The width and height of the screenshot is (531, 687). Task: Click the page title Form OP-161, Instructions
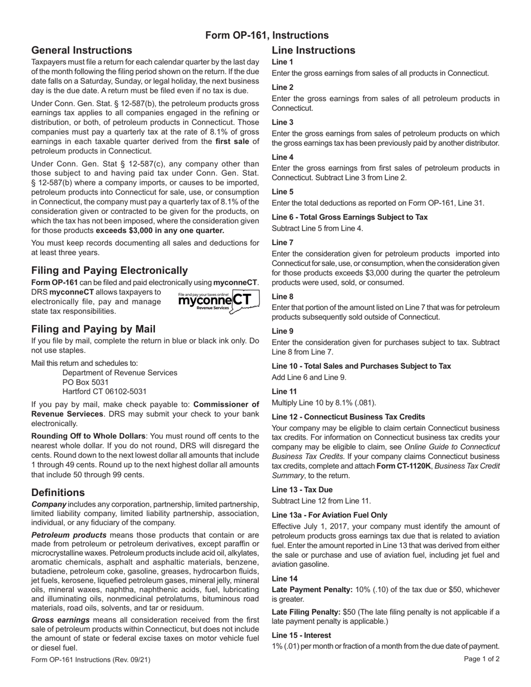267,35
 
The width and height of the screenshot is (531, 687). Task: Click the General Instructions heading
82,50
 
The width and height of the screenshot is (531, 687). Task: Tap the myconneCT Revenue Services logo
218,301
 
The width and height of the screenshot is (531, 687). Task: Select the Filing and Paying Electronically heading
110,270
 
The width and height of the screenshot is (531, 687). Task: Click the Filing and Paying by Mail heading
93,329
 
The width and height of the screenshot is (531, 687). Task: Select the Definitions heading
58,493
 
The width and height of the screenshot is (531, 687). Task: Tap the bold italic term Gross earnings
60,620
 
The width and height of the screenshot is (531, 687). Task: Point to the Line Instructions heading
313,50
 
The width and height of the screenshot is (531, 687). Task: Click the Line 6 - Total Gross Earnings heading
349,217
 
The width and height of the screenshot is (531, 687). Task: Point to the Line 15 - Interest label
301,635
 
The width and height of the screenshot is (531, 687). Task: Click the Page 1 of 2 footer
481,659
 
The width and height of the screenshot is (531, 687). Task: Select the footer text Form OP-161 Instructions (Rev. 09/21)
91,660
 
